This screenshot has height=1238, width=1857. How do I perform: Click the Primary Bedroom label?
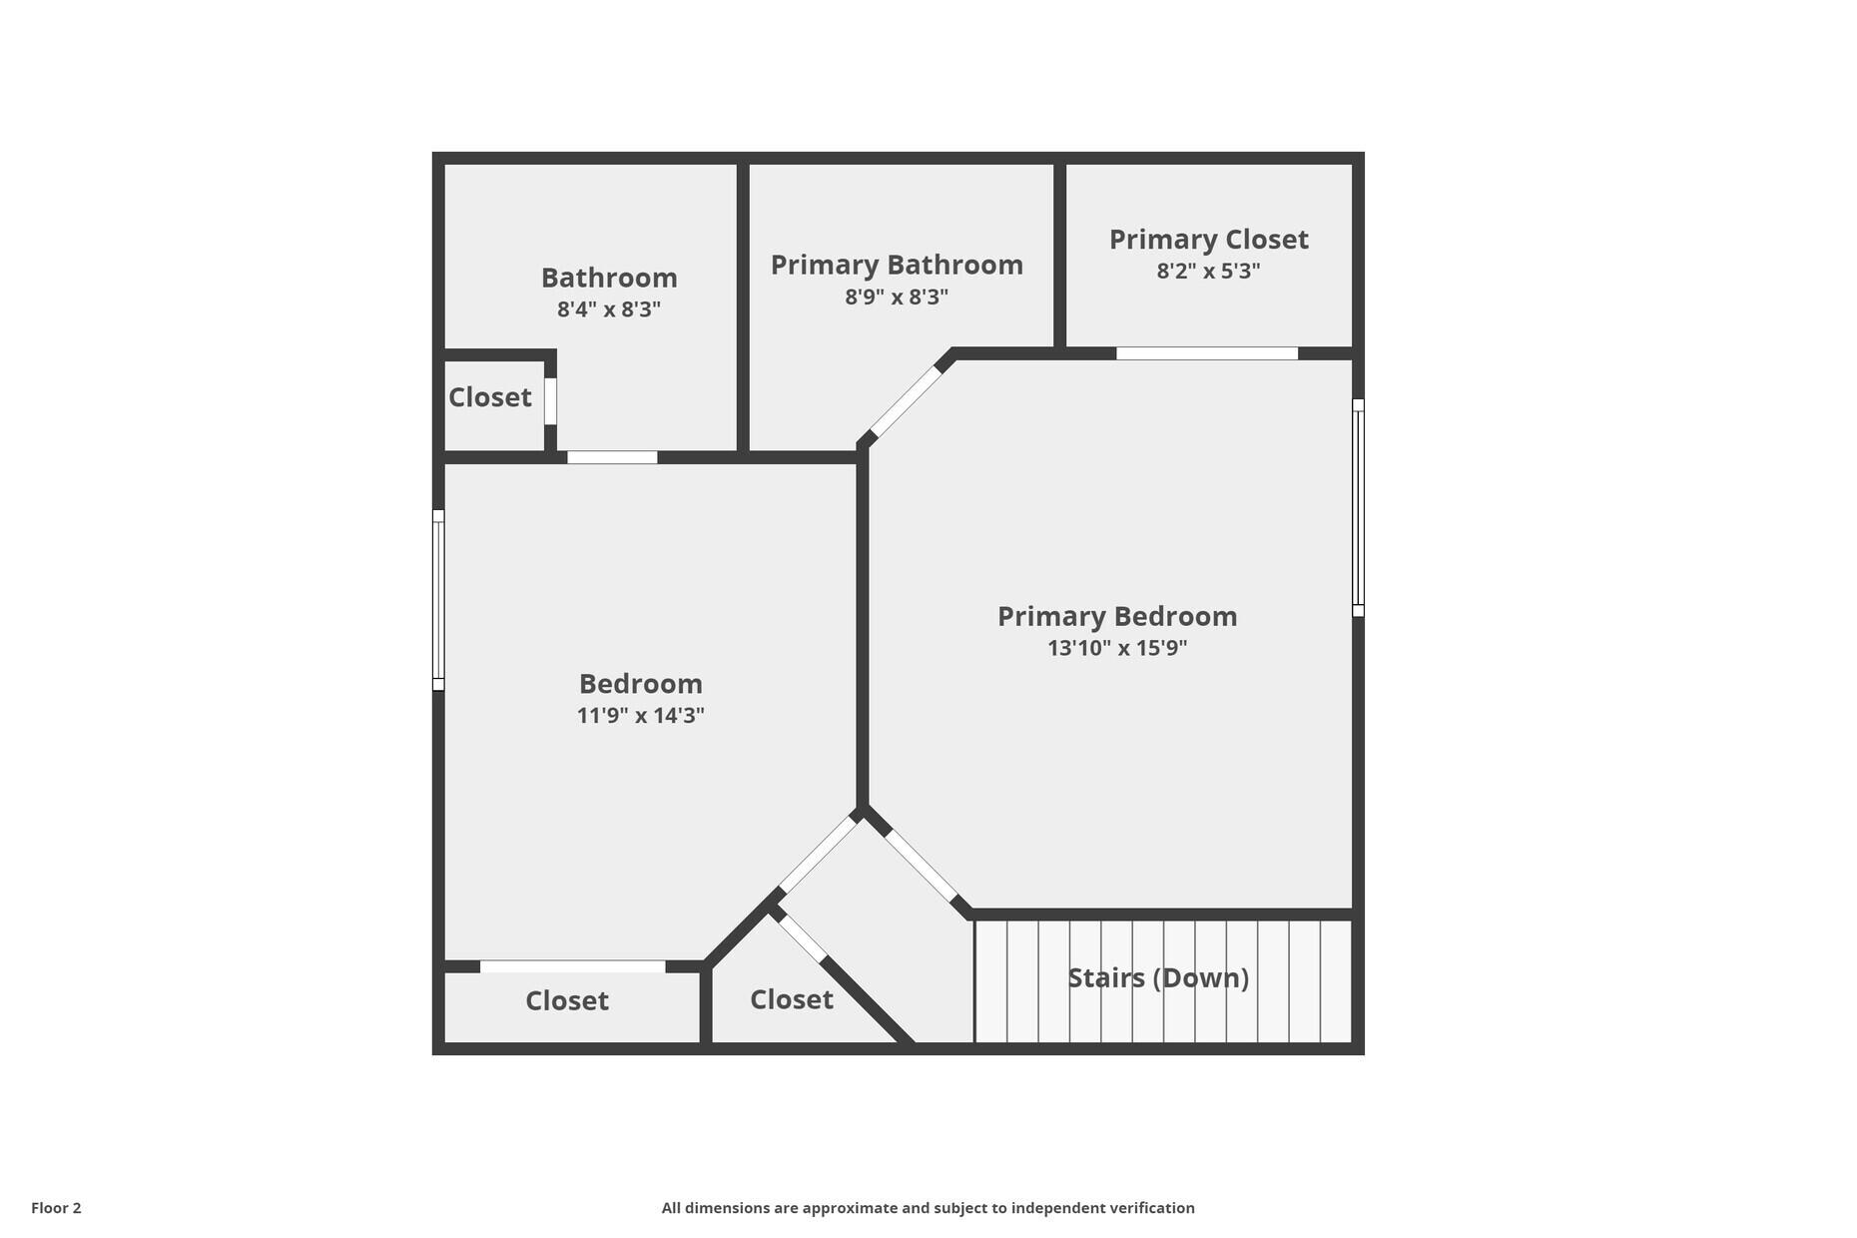pos(1117,616)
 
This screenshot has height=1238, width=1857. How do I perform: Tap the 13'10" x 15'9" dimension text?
pos(1117,648)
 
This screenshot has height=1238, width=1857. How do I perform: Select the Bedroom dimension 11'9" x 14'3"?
pos(640,716)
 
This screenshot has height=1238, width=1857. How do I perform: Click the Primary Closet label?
pos(1208,240)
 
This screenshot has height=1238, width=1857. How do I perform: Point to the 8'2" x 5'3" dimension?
pos(1208,272)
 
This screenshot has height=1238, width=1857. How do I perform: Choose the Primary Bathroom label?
pos(897,265)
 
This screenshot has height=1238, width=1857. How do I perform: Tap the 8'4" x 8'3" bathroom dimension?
pos(608,309)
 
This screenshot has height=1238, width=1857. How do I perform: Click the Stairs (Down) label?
pos(1158,977)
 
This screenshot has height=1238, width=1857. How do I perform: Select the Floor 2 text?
pos(56,1208)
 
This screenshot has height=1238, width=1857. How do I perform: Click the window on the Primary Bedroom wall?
pos(1358,507)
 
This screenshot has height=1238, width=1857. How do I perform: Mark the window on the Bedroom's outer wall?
pos(438,600)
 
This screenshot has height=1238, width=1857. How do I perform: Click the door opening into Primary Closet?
pos(1206,353)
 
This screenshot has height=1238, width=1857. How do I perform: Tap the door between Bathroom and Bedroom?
pos(612,457)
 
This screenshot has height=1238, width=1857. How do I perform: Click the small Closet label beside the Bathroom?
pos(489,397)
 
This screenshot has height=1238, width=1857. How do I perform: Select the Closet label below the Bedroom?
pos(566,1000)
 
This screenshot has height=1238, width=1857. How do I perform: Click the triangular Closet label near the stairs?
pos(791,999)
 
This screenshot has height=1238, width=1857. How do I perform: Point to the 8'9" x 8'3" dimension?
pos(897,298)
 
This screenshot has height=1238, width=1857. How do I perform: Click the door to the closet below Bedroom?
pos(572,966)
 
